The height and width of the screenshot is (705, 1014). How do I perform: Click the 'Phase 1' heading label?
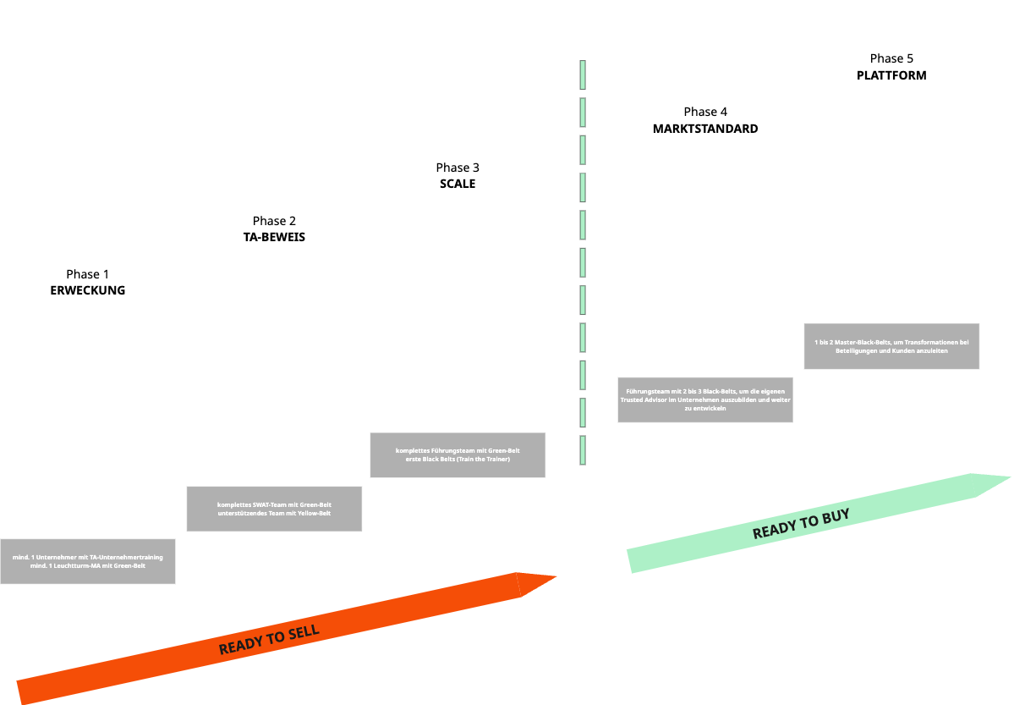tap(88, 274)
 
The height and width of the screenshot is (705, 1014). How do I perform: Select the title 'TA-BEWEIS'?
tap(274, 237)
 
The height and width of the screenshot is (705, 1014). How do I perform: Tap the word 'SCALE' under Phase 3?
tap(458, 184)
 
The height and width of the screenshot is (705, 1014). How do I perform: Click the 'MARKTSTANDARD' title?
tap(705, 129)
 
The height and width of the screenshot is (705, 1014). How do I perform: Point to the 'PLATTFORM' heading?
tap(891, 75)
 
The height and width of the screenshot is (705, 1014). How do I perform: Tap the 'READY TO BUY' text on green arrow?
tap(800, 524)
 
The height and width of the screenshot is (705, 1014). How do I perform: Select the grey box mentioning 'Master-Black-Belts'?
tap(891, 346)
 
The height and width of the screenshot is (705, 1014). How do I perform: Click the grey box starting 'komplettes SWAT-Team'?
tap(274, 509)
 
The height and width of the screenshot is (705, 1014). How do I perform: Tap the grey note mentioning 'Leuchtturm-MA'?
tap(88, 561)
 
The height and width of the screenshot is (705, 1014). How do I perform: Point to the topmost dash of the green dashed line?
tap(583, 74)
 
